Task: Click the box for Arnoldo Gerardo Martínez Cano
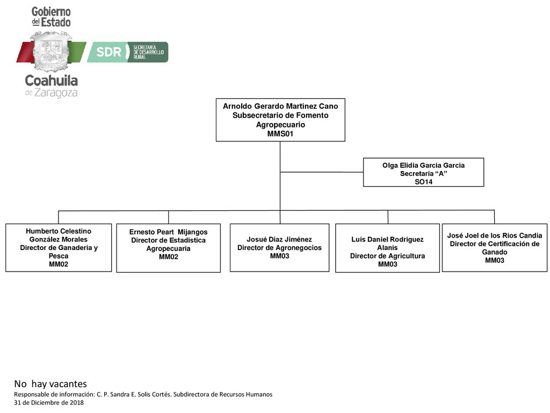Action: (x=280, y=120)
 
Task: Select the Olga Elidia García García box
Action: (x=423, y=172)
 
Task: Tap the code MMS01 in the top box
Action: (x=280, y=133)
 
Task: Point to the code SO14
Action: (x=423, y=182)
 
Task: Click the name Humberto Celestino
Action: (x=59, y=231)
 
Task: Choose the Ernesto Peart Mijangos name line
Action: (x=168, y=232)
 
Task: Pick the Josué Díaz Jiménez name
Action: (x=279, y=239)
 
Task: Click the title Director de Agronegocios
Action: (x=279, y=247)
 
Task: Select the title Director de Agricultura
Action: (x=387, y=255)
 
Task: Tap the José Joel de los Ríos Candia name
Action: (x=495, y=236)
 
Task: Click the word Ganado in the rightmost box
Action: (x=495, y=252)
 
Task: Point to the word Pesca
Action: (x=59, y=255)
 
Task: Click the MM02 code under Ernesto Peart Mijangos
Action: (x=168, y=257)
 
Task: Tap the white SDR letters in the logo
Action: (x=108, y=52)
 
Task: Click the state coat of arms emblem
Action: (x=52, y=51)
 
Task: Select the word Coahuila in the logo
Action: (x=51, y=81)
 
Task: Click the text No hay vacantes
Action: (x=50, y=383)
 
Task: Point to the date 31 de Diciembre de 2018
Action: (x=49, y=402)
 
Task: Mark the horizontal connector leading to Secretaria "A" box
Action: (x=322, y=172)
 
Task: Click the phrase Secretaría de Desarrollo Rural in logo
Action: (x=148, y=52)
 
